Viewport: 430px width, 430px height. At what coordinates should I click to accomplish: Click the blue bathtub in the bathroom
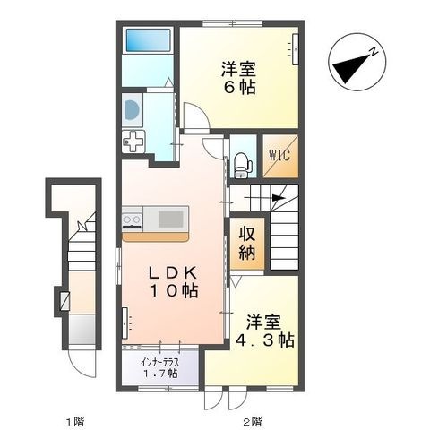tap(148, 40)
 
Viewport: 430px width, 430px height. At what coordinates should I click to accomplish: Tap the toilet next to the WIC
tap(243, 165)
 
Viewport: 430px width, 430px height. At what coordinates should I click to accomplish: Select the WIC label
tap(279, 155)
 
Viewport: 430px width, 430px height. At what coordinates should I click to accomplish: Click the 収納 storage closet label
tap(247, 244)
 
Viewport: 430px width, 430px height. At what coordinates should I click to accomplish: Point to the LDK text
tap(173, 272)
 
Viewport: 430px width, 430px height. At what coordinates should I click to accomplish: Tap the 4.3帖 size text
tap(265, 340)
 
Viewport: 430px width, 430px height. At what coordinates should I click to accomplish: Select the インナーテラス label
tap(160, 363)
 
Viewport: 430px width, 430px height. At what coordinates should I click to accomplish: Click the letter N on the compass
tap(374, 52)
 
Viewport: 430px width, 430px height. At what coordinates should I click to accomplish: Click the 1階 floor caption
tap(75, 422)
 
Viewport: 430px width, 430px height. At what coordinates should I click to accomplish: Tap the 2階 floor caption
tap(253, 422)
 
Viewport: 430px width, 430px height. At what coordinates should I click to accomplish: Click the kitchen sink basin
tap(170, 219)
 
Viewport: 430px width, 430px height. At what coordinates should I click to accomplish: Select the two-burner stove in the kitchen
tap(132, 220)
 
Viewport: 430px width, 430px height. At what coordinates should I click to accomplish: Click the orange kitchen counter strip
tap(155, 236)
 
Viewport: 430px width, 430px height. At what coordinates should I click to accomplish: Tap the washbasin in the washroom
tap(132, 109)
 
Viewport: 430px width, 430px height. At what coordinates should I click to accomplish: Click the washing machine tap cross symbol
tap(133, 142)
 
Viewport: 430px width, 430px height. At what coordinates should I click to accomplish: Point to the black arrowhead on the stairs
tap(279, 198)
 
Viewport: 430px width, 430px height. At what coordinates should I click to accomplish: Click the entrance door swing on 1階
tap(82, 364)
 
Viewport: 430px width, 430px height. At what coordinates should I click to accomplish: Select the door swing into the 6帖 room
tap(195, 116)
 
